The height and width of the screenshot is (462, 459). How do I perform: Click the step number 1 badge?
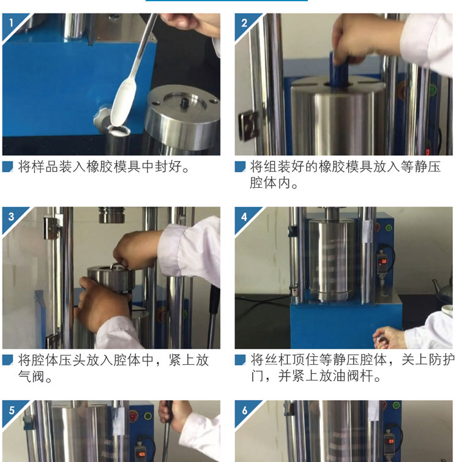pos(11,23)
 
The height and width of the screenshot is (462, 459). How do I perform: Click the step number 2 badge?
pos(244,23)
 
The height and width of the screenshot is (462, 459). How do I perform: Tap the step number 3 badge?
pos(11,217)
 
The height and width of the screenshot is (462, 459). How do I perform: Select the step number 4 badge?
pos(244,217)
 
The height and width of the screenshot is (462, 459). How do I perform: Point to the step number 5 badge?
pos(11,410)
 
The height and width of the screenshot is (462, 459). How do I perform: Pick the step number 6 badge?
pos(244,410)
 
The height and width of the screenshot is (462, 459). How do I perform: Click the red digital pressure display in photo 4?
pos(384,261)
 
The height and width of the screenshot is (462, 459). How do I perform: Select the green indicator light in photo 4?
pos(389,228)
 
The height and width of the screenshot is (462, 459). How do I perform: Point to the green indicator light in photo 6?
pos(396,406)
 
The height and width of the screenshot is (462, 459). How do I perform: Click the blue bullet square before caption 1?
pos(8,166)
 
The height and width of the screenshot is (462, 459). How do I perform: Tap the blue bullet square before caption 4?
pos(240,360)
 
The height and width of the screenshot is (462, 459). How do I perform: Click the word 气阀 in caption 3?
pos(32,376)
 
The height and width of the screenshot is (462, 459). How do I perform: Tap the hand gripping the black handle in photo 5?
pos(174,415)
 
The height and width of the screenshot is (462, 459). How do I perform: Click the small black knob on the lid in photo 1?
pos(185,103)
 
